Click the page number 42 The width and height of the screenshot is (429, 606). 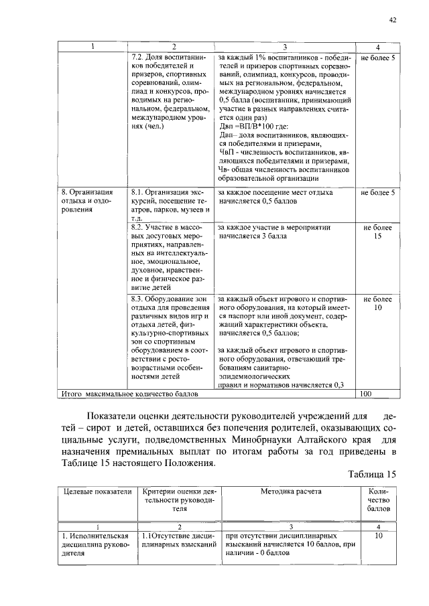[x=393, y=20]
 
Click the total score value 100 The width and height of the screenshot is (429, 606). [x=366, y=394]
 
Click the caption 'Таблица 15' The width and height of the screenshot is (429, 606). [x=373, y=474]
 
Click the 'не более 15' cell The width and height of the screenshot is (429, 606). [x=377, y=232]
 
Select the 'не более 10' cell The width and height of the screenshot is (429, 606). [x=377, y=303]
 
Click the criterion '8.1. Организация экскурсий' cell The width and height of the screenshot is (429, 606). [x=171, y=205]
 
